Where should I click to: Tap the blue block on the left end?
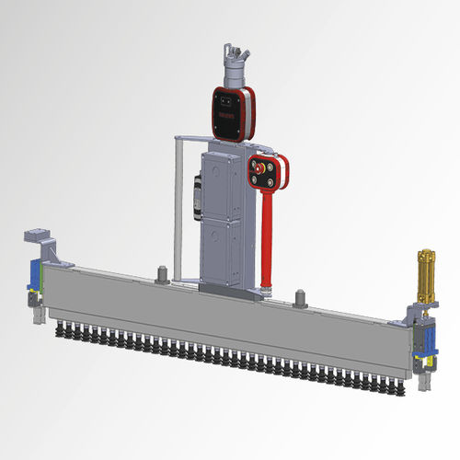(33, 275)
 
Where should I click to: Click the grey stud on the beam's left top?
(161, 273)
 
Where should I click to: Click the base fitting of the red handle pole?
(266, 293)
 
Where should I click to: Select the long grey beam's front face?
(221, 322)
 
